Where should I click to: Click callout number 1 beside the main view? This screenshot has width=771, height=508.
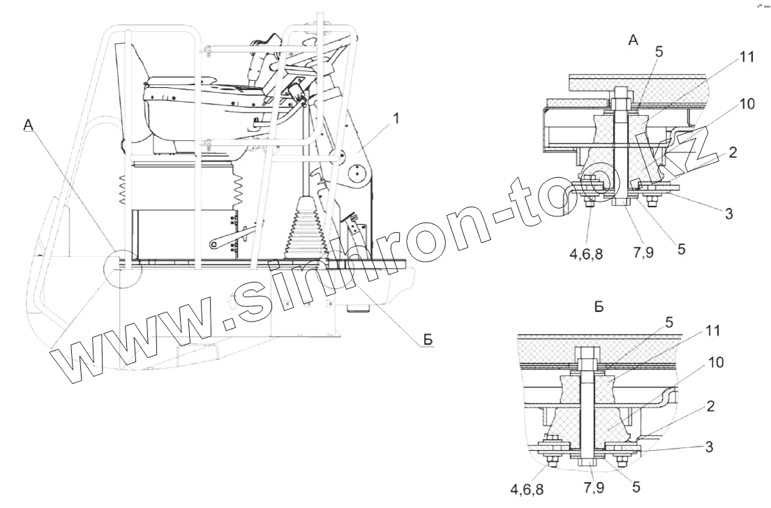coord(396,119)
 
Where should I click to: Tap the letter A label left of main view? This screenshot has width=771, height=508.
coord(29,124)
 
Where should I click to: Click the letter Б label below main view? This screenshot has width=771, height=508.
coord(428,340)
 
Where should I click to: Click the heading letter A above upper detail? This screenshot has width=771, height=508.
coord(633,41)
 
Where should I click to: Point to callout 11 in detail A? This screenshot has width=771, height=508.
coord(747,58)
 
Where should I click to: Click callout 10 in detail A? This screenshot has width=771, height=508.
coord(747,105)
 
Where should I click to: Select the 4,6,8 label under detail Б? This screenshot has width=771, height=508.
coord(527,489)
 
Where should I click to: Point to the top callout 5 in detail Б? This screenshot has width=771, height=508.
coord(669,322)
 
